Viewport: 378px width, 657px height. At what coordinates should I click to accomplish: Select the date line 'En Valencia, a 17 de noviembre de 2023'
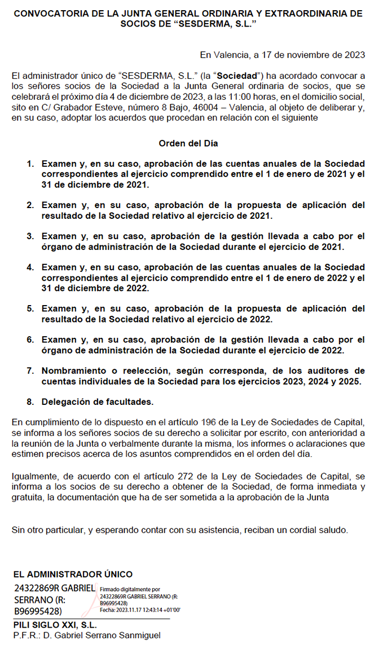[x=282, y=55]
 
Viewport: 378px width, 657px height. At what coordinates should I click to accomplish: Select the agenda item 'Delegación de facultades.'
[x=98, y=402]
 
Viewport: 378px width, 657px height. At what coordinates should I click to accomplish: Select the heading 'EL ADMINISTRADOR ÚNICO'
[x=73, y=575]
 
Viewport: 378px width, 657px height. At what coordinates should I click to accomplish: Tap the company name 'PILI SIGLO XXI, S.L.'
[x=55, y=625]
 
